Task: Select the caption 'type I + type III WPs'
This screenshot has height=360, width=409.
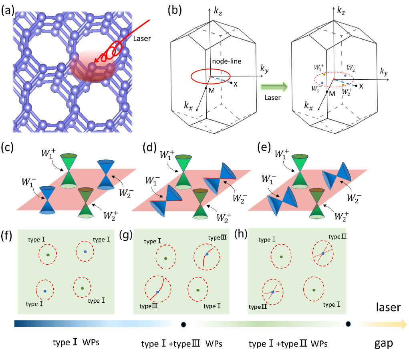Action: click(x=182, y=344)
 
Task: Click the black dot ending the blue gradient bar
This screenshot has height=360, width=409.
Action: click(x=183, y=324)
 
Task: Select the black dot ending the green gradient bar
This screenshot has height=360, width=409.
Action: click(x=349, y=324)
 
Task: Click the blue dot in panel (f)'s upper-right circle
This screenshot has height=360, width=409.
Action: click(x=85, y=251)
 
